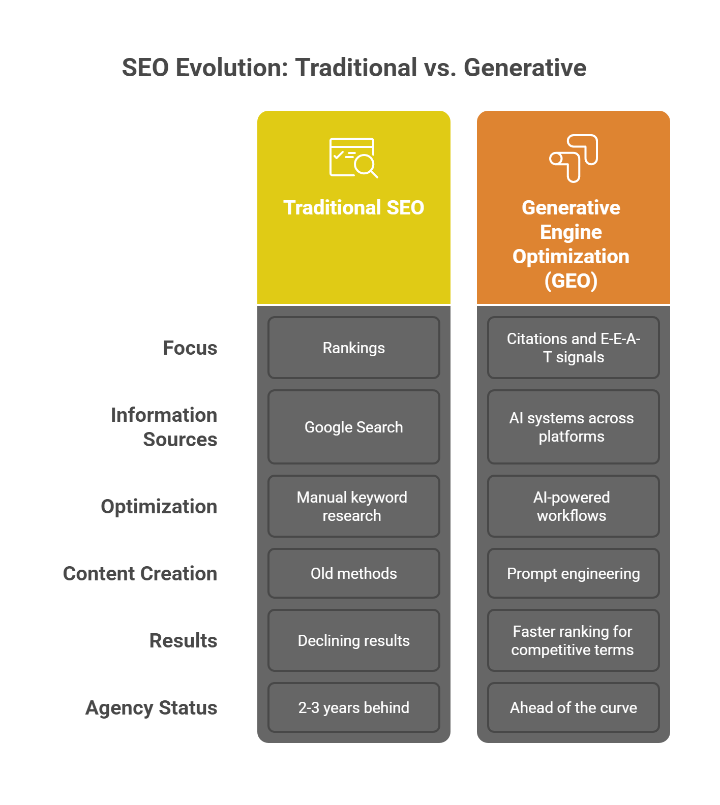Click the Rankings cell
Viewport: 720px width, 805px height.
[353, 348]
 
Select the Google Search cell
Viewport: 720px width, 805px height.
[353, 427]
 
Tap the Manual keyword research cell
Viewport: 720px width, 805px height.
[353, 506]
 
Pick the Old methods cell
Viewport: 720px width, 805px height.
[353, 573]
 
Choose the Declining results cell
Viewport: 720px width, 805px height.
[353, 640]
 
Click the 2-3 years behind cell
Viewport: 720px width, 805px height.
[353, 707]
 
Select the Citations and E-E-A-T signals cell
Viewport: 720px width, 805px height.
[573, 348]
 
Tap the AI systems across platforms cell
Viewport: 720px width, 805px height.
[573, 427]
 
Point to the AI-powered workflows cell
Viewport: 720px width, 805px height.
[573, 506]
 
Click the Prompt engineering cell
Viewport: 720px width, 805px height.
[573, 573]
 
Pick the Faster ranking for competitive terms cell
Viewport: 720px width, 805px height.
[573, 640]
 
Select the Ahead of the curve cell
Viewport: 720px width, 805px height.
[573, 707]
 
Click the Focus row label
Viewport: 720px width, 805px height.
[190, 348]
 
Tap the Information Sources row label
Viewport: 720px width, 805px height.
[164, 427]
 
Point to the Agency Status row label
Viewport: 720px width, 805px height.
[151, 707]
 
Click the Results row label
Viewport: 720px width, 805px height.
[183, 640]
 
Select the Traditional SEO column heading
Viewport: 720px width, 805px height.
[353, 207]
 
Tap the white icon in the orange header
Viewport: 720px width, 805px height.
[574, 158]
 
